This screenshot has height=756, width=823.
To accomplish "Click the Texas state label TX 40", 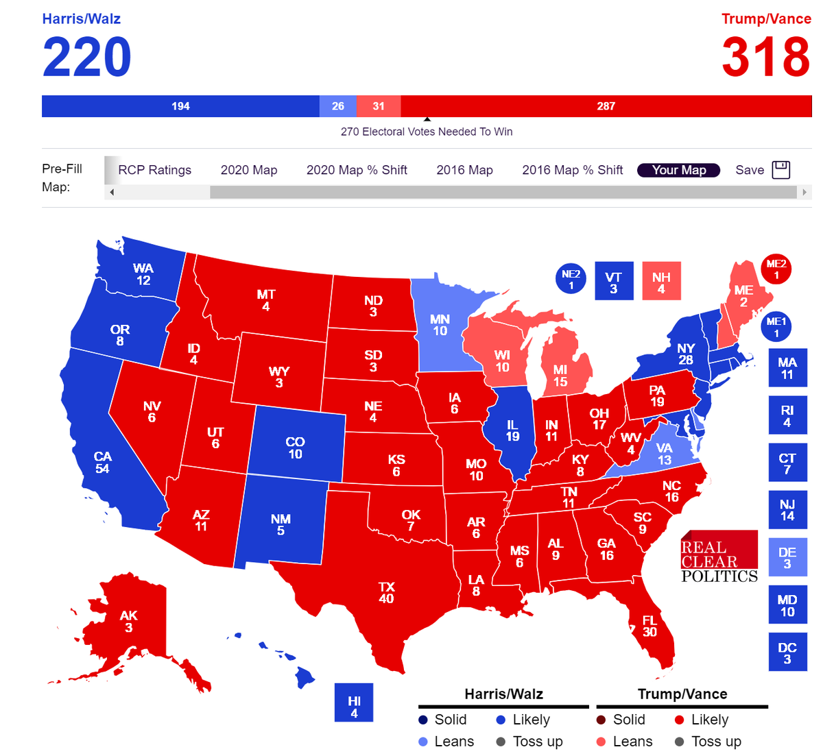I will [386, 593].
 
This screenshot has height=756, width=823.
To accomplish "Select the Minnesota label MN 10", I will [440, 325].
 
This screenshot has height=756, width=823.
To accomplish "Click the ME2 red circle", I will [776, 269].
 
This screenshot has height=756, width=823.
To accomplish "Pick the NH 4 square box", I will [661, 282].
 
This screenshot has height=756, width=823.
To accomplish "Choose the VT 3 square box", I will [613, 282].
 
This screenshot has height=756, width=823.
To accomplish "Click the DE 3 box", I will [787, 557].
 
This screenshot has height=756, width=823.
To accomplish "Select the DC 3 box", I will [787, 653].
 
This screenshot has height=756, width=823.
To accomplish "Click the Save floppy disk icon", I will [781, 170].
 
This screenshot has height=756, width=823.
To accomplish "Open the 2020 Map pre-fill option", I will [249, 170].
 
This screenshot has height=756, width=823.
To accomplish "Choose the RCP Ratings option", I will [155, 170].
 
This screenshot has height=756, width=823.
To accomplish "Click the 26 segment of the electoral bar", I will [338, 106].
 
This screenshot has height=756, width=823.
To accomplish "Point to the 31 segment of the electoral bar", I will [379, 106].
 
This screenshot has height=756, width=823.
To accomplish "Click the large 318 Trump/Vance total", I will [765, 57].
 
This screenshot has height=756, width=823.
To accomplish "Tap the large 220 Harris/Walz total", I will [87, 57].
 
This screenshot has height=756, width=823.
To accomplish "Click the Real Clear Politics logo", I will [719, 557].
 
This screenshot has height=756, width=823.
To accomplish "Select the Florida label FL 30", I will [649, 626].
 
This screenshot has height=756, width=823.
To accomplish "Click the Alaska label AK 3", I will [128, 621].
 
